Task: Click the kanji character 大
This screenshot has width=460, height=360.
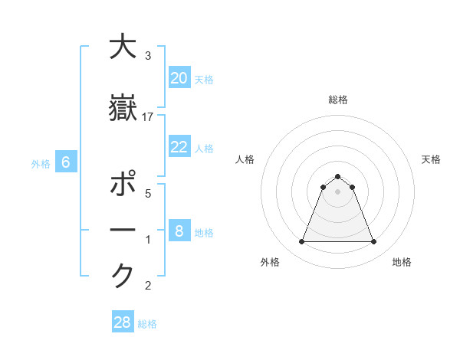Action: coord(123,47)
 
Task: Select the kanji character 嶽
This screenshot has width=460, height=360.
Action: coord(123,108)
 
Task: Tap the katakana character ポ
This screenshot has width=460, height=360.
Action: coord(123,186)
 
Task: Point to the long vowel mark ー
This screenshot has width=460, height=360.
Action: coord(123,231)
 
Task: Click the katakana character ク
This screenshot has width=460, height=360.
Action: coord(123,274)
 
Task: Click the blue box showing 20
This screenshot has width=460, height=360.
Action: coord(179,78)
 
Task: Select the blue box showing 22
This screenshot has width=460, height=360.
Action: coord(179,147)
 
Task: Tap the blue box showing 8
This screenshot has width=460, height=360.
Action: coord(179,231)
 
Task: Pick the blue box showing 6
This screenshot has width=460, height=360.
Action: coord(66,162)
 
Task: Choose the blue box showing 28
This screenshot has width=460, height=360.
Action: coord(123,322)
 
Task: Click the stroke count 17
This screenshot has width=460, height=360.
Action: coord(148,116)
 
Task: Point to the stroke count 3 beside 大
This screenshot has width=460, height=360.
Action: coord(148,56)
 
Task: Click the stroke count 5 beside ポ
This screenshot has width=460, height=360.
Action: coord(148,194)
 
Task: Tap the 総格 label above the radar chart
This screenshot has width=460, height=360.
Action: coord(338,100)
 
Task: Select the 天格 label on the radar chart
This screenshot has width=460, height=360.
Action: coord(432,159)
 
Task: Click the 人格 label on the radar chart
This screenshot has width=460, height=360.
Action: coord(245,159)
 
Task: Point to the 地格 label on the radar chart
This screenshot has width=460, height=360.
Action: coord(402,262)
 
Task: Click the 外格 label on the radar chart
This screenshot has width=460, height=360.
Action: coord(270,262)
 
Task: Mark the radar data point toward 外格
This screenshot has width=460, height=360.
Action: coord(302,242)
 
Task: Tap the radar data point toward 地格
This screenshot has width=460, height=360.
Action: coord(374,242)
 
